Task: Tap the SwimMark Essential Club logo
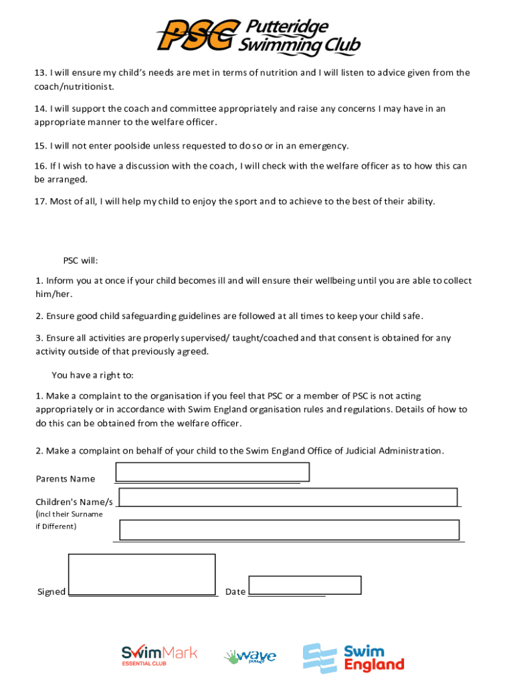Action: (x=159, y=656)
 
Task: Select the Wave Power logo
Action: (x=249, y=657)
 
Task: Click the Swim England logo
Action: (x=353, y=658)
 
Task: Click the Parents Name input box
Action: (x=212, y=472)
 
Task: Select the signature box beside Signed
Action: (x=142, y=574)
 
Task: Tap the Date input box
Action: (x=304, y=585)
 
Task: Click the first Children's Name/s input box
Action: (x=288, y=498)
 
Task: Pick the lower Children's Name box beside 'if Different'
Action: (x=289, y=530)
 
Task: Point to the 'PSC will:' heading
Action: (x=81, y=261)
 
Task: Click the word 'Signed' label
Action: (x=51, y=592)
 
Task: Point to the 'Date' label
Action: (x=235, y=592)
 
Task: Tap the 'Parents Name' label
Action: (x=65, y=479)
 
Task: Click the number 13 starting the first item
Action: (x=40, y=73)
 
